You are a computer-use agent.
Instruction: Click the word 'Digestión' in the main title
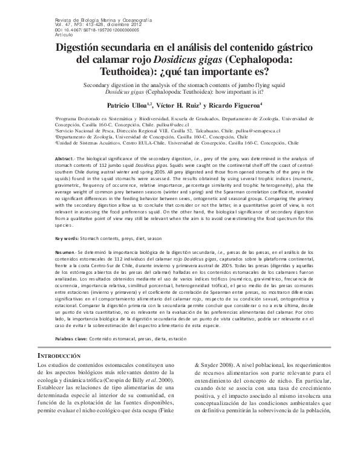pyautogui.click(x=83, y=50)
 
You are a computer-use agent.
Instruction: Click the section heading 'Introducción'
pyautogui.click(x=67, y=357)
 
